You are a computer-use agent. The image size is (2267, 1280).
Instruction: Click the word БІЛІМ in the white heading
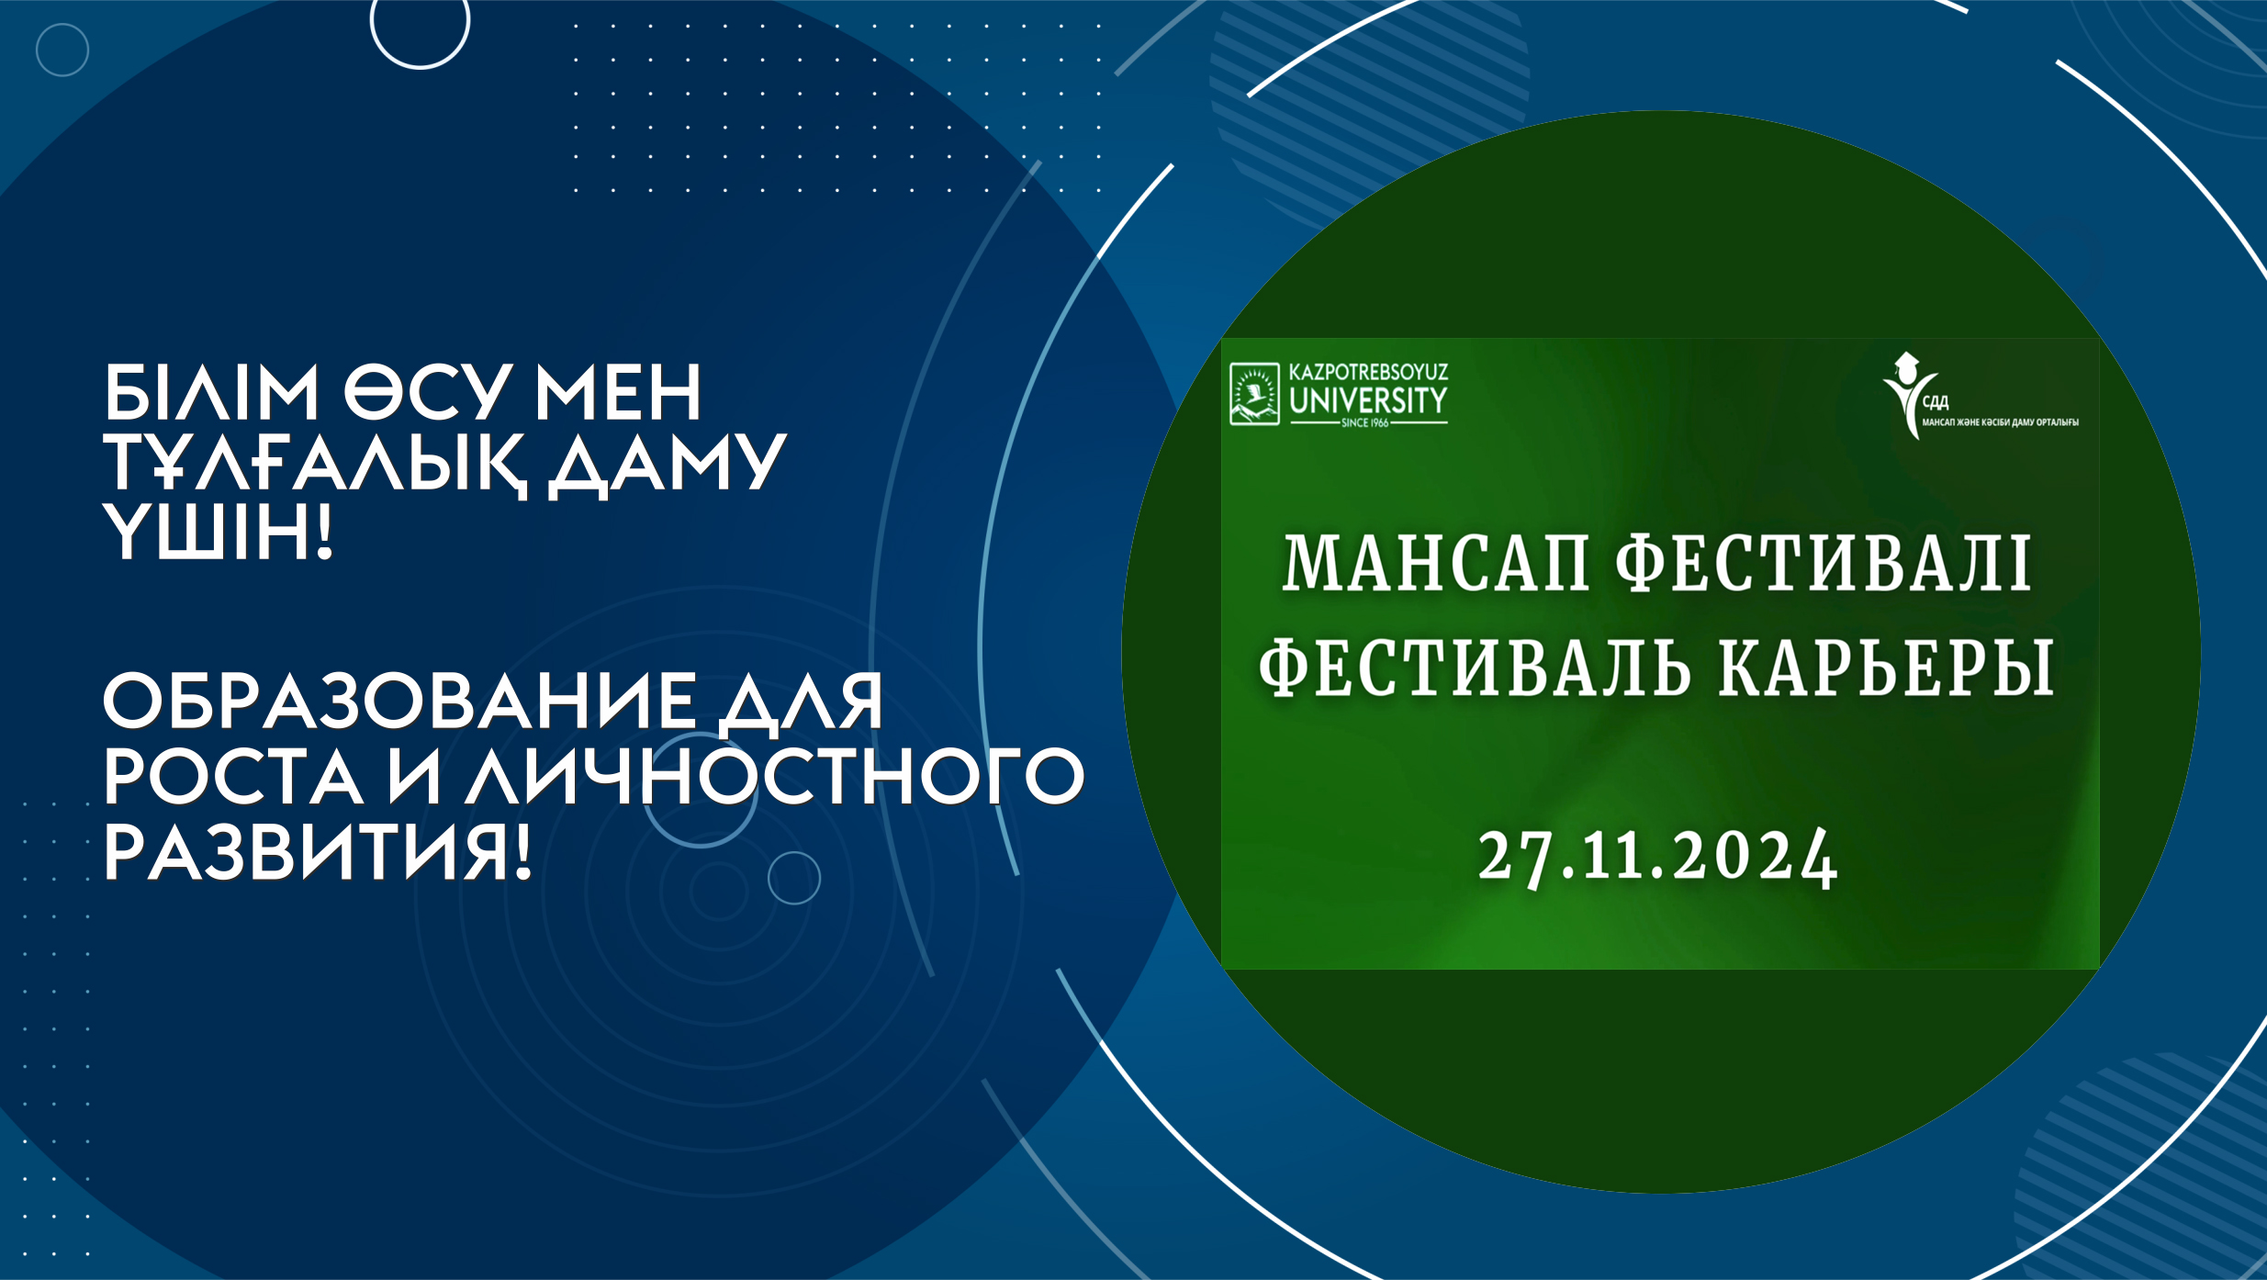210,392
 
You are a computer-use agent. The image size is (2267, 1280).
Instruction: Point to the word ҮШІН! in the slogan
217,533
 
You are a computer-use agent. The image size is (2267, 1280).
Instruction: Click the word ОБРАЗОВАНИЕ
399,702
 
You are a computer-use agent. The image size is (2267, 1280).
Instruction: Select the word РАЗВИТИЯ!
318,853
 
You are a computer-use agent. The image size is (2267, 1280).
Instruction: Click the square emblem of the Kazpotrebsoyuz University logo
1254,394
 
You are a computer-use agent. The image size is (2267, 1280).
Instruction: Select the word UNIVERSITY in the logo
1368,401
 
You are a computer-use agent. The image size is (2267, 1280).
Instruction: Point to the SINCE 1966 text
1365,423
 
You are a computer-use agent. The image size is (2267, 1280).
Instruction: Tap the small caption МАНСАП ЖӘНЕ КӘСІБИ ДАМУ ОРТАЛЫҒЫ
2000,422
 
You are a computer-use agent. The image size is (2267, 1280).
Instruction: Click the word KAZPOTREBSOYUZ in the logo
1368,373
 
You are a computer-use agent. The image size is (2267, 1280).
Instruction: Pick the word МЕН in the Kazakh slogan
619,392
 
